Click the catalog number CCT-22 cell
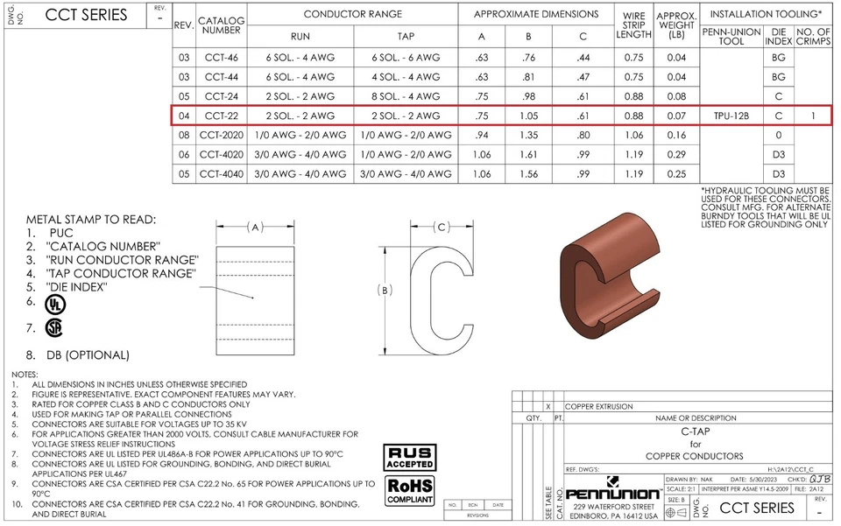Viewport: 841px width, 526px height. pos(221,116)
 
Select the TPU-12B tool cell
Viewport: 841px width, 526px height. pos(731,116)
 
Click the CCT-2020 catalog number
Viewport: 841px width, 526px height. pos(221,135)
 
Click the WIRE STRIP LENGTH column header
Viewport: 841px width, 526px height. pos(633,25)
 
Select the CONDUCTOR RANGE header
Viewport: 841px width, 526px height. pos(353,14)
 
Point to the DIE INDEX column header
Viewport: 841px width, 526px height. pos(778,37)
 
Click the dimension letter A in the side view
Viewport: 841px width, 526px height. pos(255,228)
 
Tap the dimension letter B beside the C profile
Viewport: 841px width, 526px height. pos(383,290)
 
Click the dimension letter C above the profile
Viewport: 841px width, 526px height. pos(442,228)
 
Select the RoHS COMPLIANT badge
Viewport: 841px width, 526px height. pos(410,489)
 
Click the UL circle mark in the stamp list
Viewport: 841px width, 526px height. pos(55,303)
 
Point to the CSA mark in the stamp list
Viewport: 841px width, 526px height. pos(54,327)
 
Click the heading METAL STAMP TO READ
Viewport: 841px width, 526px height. pos(91,219)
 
